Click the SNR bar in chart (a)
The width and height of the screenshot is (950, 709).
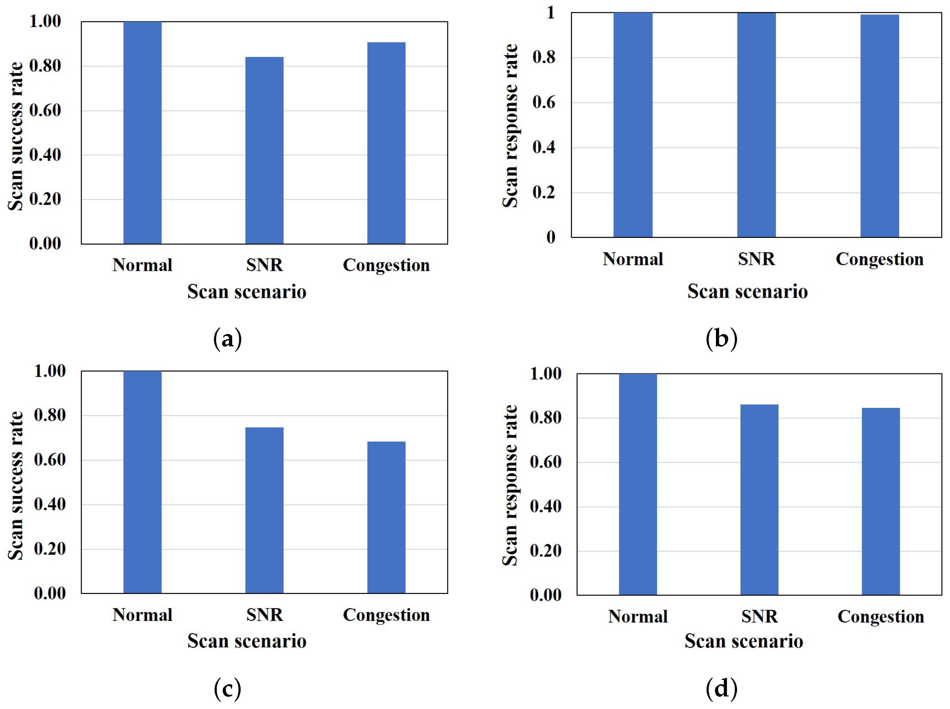(x=264, y=150)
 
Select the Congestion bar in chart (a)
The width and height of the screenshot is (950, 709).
(x=386, y=143)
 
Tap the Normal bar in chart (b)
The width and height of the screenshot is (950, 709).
(x=633, y=124)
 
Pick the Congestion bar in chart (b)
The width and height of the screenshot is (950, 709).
(x=879, y=126)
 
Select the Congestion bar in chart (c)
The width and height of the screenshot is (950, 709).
(x=386, y=517)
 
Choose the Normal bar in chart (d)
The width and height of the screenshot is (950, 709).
(x=637, y=484)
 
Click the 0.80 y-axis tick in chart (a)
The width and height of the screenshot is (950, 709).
(x=45, y=66)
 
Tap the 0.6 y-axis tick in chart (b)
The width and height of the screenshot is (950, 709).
(x=543, y=102)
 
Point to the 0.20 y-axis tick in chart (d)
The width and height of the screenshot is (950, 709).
(x=545, y=550)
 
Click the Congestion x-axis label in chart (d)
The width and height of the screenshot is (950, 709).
(x=881, y=617)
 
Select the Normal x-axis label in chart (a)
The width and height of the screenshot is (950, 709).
(x=142, y=265)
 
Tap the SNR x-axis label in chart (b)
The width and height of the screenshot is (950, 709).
(x=756, y=259)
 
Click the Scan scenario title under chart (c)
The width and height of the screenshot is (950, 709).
(x=247, y=641)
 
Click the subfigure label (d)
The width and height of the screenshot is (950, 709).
(x=721, y=688)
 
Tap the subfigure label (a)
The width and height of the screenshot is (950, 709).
(x=227, y=338)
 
